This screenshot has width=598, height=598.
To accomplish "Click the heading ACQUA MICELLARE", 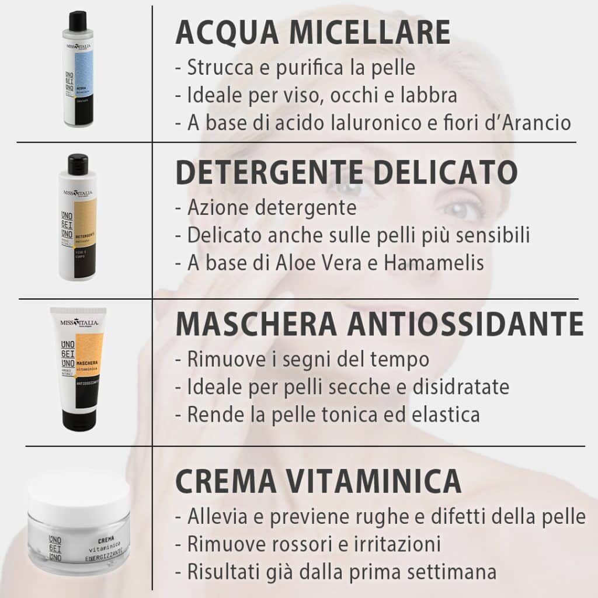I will click(312, 33).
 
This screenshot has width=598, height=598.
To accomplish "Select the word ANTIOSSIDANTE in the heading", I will click(465, 324).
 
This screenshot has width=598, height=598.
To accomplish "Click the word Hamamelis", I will click(434, 263).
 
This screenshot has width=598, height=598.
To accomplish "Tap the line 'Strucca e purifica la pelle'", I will click(295, 68).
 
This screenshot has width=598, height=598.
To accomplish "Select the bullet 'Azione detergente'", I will click(266, 207).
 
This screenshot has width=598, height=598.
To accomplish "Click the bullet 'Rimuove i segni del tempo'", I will click(302, 359).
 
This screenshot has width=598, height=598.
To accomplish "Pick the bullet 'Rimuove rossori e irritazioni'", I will click(308, 544).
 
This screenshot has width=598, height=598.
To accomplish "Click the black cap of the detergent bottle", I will click(78, 165).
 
